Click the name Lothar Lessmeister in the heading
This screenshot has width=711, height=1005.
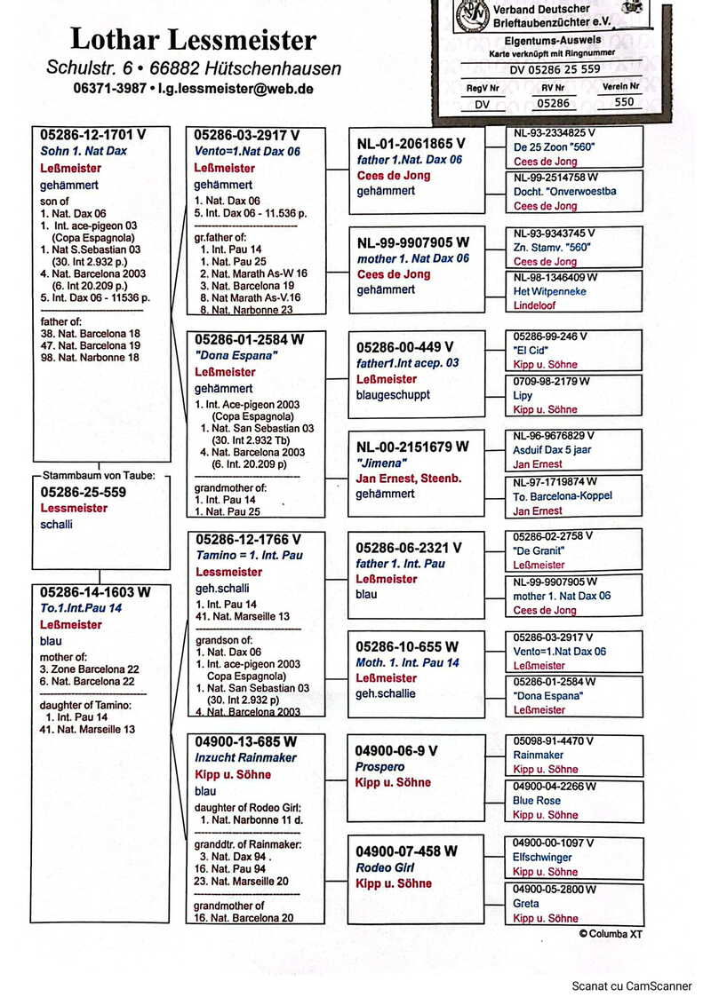193,39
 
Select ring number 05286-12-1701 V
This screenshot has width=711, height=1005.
92,135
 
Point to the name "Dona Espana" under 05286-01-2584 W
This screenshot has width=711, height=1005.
225,355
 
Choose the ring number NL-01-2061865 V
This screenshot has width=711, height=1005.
411,143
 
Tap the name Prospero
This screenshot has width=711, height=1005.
379,766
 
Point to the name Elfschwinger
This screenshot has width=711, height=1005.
542,858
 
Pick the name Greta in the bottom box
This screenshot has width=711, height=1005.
526,904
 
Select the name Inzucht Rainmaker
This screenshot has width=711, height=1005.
245,757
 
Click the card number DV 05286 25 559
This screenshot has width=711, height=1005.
555,69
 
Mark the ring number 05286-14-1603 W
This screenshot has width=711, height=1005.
95,592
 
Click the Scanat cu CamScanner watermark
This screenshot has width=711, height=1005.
632,985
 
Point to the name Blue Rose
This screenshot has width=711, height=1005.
537,800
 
